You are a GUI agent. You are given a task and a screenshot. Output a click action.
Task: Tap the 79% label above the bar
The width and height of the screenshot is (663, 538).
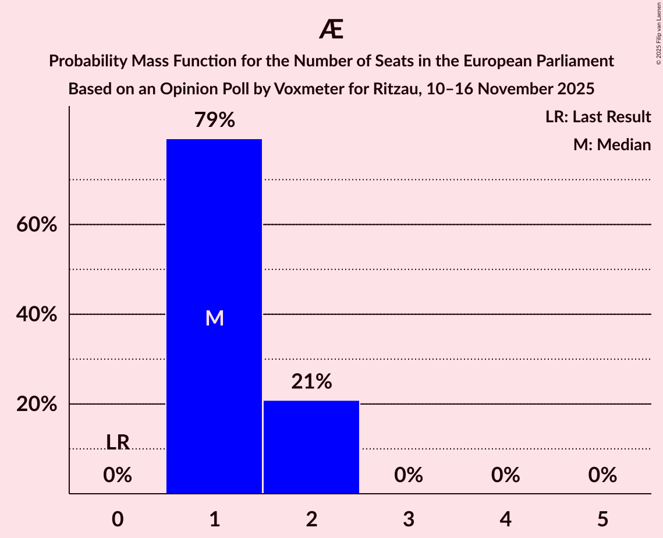(214, 121)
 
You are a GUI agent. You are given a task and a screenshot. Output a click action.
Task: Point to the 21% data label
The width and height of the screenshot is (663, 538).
(311, 382)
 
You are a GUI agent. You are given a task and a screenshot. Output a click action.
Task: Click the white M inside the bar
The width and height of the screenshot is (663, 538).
(214, 318)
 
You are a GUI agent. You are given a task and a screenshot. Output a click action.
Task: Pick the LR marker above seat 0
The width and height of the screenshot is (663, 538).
(118, 443)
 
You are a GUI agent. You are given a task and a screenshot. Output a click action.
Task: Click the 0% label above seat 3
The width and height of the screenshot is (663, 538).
(408, 475)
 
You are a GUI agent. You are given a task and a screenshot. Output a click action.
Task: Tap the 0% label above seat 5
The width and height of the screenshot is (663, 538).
(602, 475)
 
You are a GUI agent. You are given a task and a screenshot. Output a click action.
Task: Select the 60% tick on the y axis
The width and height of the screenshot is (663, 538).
(37, 225)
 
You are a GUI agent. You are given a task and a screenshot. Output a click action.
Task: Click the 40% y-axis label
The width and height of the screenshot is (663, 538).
(37, 314)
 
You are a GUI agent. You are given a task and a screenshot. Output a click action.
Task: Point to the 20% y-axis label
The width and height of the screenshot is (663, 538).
(37, 404)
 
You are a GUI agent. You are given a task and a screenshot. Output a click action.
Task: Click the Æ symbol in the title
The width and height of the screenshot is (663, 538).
(331, 30)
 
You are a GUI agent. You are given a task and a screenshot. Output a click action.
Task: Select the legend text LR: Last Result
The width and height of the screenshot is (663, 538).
(598, 117)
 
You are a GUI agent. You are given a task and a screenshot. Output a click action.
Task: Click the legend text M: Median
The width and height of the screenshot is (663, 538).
(612, 144)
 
